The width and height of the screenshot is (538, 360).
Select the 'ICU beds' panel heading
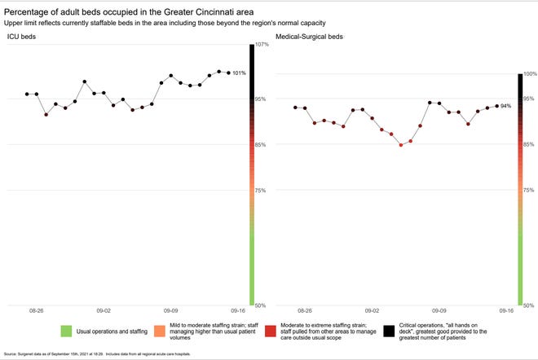(21, 37)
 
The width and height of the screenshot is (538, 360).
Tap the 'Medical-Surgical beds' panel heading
(309, 37)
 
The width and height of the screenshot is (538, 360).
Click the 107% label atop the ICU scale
(261, 45)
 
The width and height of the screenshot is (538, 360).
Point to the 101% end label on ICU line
(239, 73)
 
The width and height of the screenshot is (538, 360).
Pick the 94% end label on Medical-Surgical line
(505, 106)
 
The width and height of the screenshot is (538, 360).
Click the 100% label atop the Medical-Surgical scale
(529, 74)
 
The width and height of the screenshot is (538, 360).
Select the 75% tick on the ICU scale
(261, 191)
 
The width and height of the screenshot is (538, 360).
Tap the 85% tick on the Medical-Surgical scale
(529, 145)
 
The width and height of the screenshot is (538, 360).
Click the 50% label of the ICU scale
(261, 305)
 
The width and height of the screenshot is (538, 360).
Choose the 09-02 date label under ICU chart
(104, 311)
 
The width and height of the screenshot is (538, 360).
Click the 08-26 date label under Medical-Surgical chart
(304, 311)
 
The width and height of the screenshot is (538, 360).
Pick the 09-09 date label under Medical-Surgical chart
(439, 311)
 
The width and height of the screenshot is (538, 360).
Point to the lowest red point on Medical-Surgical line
(401, 145)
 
